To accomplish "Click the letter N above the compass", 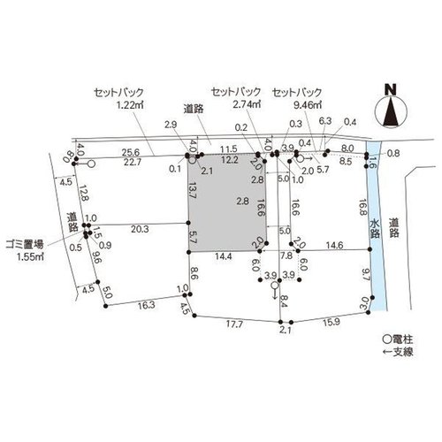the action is [x=392, y=89].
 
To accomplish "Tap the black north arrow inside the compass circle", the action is [x=391, y=112].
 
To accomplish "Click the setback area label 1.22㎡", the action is [x=130, y=105].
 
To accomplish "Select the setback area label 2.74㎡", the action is [x=247, y=104].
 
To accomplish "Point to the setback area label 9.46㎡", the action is [x=308, y=105].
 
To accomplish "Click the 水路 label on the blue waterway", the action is [x=375, y=228].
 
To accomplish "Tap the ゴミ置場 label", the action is [x=25, y=244].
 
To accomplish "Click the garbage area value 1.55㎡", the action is [x=30, y=256].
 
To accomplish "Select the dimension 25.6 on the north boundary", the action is [x=131, y=152].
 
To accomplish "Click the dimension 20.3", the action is [x=140, y=229].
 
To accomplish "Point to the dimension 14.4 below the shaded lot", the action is [x=223, y=256].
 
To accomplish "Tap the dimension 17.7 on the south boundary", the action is [x=234, y=324].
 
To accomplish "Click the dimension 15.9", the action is [x=331, y=323].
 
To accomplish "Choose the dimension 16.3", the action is [x=147, y=305].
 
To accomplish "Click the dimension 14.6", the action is [x=335, y=245].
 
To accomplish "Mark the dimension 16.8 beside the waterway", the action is [x=362, y=208].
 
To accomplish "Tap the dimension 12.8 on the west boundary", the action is [x=83, y=193].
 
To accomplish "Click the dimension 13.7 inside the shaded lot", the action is [x=193, y=190].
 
